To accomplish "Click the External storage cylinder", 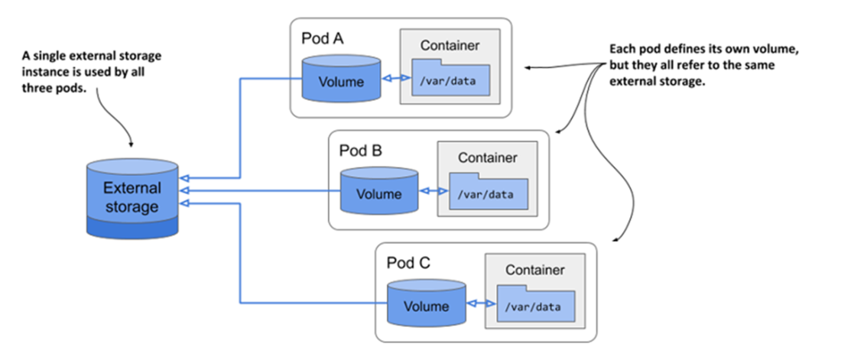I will coord(132,197).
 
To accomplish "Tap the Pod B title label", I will coord(360,150).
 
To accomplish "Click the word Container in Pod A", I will coord(450,45).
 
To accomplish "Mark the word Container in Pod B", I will coord(487,158).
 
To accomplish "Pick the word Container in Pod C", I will coord(534,271).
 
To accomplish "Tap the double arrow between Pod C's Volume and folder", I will coord(479,303).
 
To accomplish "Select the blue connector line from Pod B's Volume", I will coord(260,190).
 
